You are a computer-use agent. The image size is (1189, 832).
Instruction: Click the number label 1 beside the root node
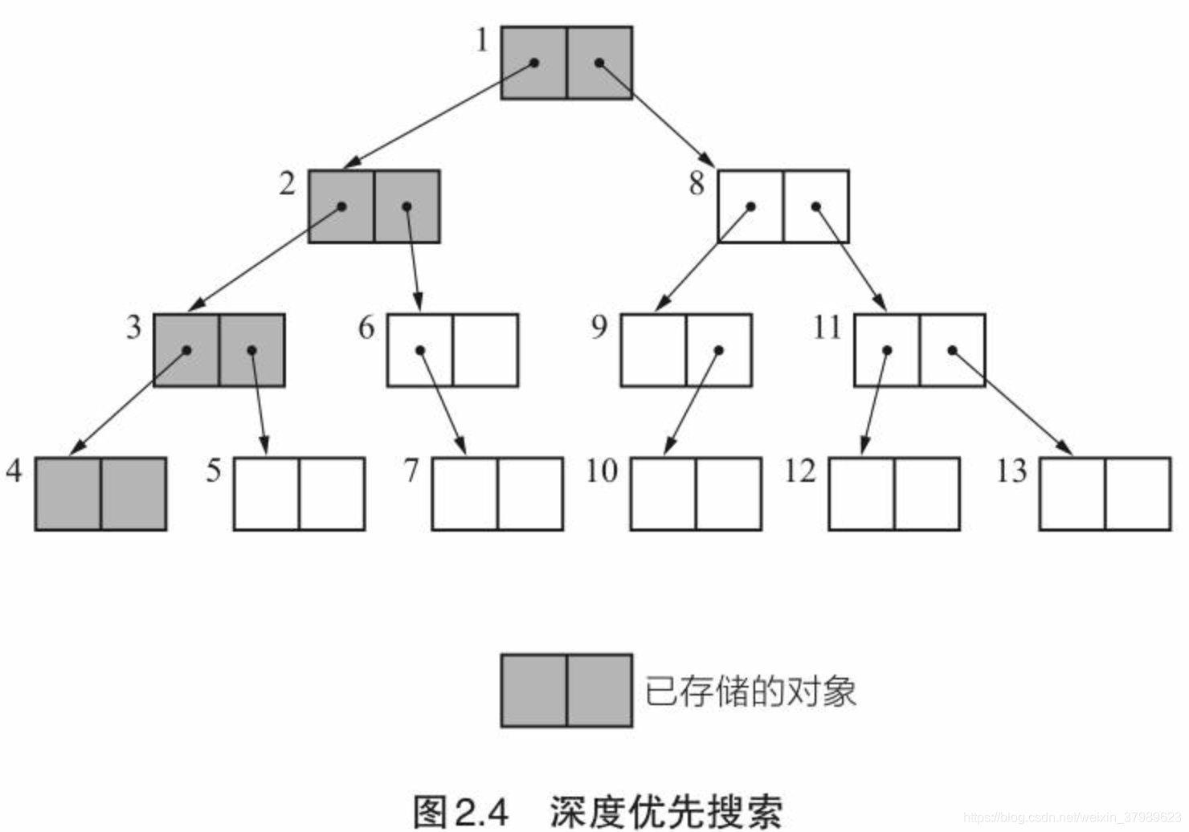tap(482, 40)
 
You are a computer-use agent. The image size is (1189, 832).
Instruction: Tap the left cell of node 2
tap(341, 206)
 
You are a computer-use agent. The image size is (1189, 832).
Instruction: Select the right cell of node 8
tap(816, 206)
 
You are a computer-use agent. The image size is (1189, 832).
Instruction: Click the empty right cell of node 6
tap(485, 350)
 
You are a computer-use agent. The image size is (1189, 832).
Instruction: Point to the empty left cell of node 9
tap(653, 350)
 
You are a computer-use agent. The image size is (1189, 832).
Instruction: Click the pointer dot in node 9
tap(719, 350)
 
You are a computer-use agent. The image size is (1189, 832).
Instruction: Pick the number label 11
tap(827, 328)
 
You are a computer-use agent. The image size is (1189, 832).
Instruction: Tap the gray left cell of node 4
tap(68, 494)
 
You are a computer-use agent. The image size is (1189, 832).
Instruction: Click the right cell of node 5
tap(332, 494)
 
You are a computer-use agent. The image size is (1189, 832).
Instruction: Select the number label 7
tap(411, 471)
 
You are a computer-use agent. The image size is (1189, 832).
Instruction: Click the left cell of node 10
tap(663, 494)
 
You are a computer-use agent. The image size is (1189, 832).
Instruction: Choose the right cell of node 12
tap(927, 494)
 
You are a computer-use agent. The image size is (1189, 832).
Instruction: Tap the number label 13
tap(1011, 471)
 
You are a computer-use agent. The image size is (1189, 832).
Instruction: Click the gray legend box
tap(566, 691)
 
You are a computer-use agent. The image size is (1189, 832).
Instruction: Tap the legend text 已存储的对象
tap(750, 691)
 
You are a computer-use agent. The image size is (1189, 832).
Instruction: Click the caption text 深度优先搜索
tap(666, 811)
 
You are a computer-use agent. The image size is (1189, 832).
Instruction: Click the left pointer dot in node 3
tap(186, 350)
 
